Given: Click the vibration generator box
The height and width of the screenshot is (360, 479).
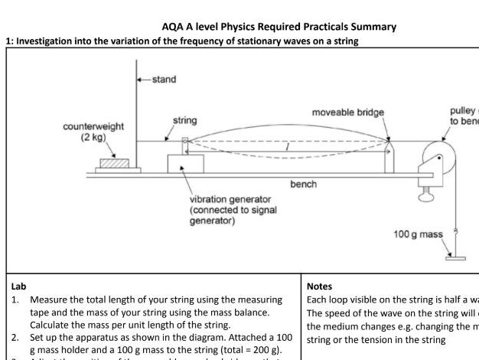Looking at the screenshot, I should tap(185, 164).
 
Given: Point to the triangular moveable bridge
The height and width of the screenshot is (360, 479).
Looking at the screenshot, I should tap(386, 148).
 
